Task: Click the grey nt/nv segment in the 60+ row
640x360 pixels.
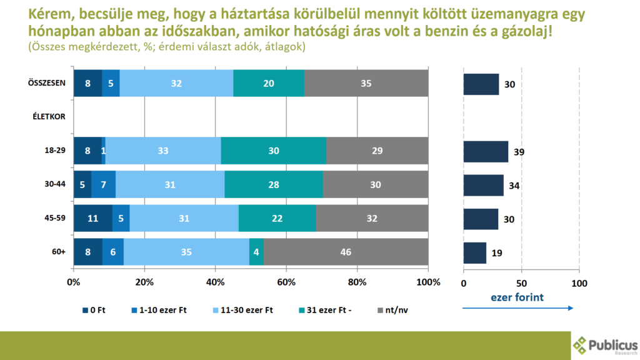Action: [x=346, y=252]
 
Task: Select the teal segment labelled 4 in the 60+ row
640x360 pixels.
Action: [x=256, y=252]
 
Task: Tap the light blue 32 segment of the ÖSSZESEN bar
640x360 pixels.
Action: [x=176, y=83]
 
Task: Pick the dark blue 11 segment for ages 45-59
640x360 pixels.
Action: [x=92, y=218]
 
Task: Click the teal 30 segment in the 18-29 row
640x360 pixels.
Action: [x=273, y=151]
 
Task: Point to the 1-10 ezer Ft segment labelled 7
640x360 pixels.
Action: [x=103, y=184]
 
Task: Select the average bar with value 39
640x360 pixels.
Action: [x=486, y=152]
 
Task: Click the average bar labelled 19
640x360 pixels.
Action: [x=474, y=252]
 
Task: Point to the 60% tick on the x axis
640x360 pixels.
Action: [x=286, y=282]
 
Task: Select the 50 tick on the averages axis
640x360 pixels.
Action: [x=521, y=282]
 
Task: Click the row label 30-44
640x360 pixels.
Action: [x=55, y=184]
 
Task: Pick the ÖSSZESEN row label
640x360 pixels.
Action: [x=47, y=83]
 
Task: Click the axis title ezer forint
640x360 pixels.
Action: [x=517, y=297]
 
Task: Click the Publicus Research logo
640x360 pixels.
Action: [x=604, y=345]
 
